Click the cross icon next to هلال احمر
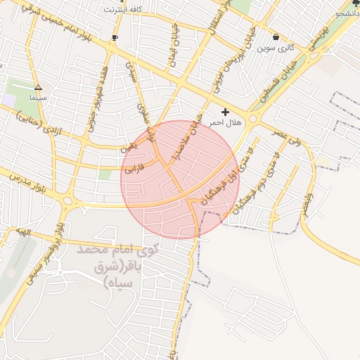[x=225, y=112]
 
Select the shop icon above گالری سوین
[x=275, y=37]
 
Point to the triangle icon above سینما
[x=38, y=89]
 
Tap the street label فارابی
[x=134, y=169]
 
